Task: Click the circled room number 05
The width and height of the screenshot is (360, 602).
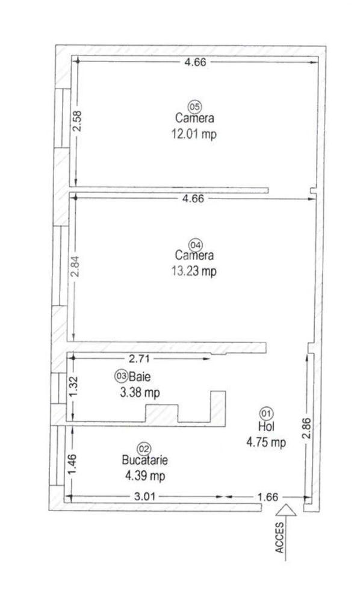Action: [194, 106]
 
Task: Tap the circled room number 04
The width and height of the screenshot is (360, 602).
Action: [195, 245]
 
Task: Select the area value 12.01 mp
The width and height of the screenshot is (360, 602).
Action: [194, 134]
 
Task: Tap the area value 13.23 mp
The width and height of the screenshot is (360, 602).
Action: [194, 272]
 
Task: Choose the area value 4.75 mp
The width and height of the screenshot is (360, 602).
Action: [265, 442]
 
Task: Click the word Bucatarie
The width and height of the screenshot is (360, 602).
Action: [144, 461]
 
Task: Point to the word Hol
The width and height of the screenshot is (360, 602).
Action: [265, 427]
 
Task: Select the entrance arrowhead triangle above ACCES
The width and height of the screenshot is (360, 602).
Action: [287, 510]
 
